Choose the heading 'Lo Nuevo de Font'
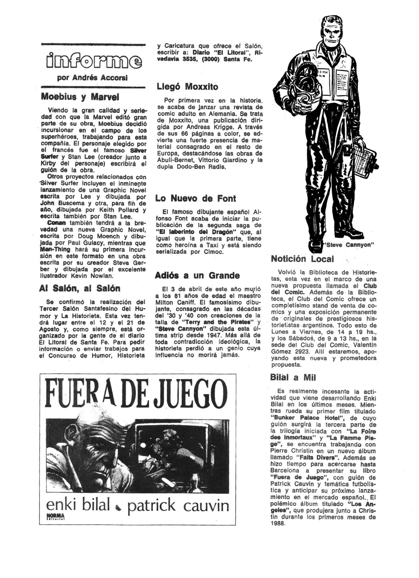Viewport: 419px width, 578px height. (196, 198)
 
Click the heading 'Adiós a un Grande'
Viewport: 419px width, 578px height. (197, 276)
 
